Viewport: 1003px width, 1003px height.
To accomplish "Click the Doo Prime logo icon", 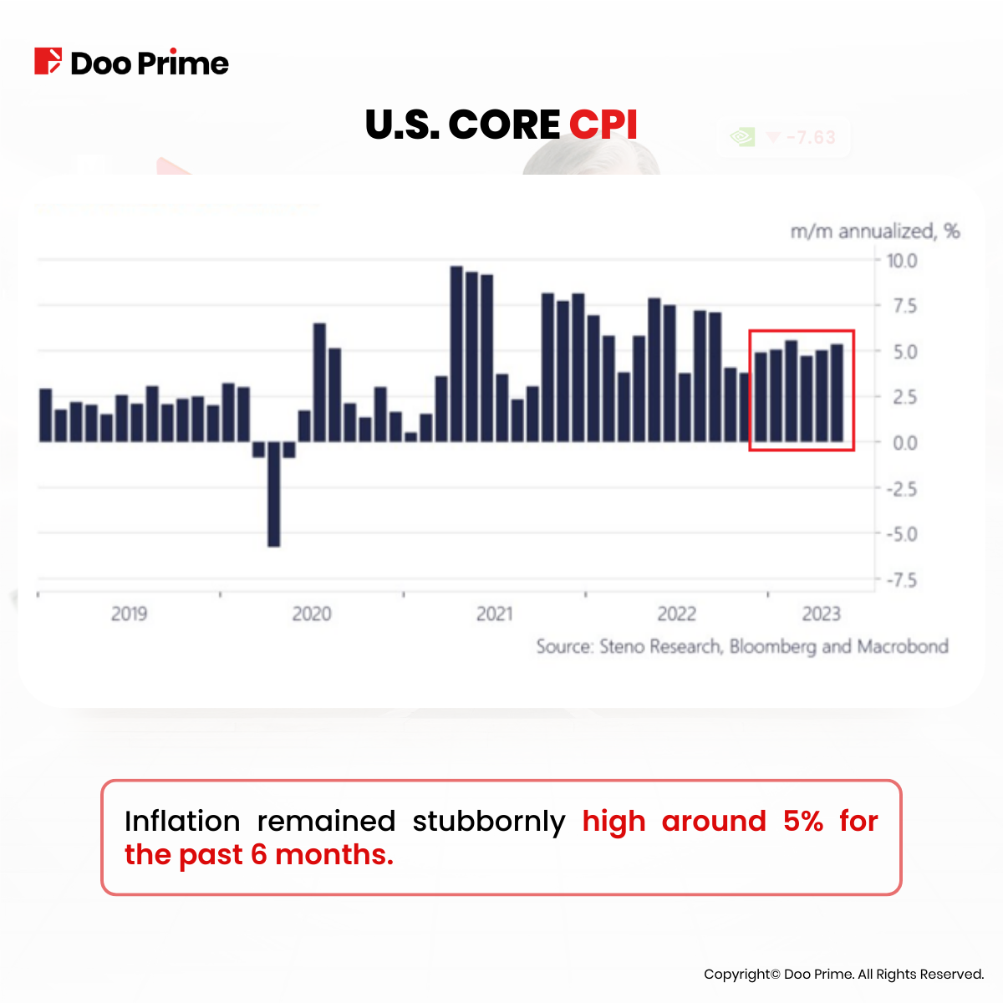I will pos(48,62).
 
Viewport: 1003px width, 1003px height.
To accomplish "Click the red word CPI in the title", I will pos(603,125).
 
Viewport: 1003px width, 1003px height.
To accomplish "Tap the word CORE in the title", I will pos(504,125).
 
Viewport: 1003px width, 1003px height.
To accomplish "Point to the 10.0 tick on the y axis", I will pos(902,261).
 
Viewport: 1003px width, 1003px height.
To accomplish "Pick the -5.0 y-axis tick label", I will pos(901,534).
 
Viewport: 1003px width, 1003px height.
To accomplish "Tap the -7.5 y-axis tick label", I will pos(901,580).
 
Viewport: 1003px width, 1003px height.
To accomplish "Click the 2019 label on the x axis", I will pos(129,614).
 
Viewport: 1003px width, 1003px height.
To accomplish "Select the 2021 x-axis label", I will pos(494,614).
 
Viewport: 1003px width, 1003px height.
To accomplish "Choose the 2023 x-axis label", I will pos(821,614).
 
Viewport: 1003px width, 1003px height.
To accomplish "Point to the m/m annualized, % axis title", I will pos(874,232).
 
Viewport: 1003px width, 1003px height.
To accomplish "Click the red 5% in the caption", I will pos(803,822).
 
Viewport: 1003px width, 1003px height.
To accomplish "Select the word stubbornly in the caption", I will pos(489,822).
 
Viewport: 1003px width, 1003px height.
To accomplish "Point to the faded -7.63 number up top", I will pos(811,137).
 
